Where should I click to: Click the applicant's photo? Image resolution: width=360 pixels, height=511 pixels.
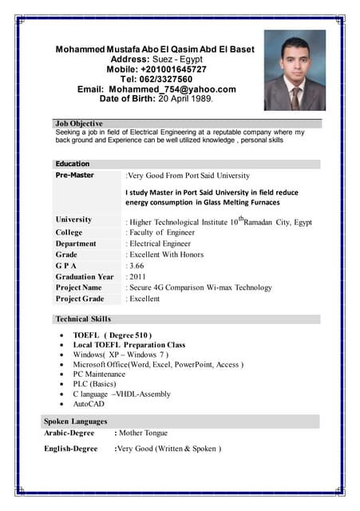tap(295, 70)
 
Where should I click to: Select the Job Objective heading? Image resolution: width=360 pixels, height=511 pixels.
tap(79, 124)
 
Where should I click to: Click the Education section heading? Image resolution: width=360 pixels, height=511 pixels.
tap(73, 164)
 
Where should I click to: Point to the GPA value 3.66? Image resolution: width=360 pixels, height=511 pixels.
tap(136, 265)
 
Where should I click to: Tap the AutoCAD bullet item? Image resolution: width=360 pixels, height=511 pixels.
tap(89, 404)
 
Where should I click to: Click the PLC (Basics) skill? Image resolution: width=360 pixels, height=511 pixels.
tap(94, 383)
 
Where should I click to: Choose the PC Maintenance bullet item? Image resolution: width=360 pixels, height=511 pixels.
tap(99, 374)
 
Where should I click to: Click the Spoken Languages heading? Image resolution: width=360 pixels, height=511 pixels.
tap(76, 421)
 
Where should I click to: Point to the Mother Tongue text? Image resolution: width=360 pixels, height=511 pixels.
tap(144, 433)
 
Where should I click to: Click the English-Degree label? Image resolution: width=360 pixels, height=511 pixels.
tap(71, 449)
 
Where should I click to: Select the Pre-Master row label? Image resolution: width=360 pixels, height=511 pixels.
tap(75, 175)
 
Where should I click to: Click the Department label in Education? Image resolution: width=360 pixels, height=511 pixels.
tap(76, 244)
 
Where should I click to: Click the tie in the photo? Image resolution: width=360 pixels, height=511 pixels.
tap(295, 97)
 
